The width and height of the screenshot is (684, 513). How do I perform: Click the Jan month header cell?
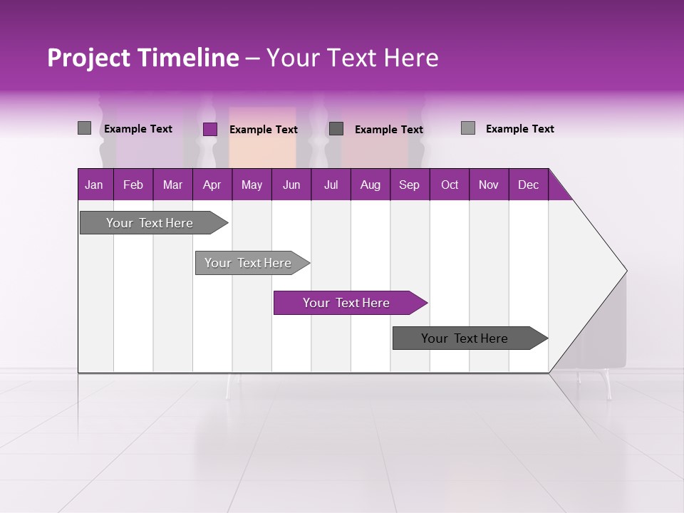pos(95,185)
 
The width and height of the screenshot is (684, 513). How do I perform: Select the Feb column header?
pos(133,185)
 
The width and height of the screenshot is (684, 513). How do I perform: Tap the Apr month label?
pos(212,185)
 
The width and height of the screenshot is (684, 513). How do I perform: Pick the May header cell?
pos(252,185)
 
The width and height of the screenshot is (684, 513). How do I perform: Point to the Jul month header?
pos(331,185)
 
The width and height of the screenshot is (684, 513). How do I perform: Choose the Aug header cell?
pos(370,185)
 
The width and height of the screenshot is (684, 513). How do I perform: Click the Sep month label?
pos(410,185)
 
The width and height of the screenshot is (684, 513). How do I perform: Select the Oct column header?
pos(450,185)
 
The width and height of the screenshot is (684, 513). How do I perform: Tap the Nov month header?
pos(489,185)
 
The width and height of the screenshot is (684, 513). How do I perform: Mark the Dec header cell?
pos(529,185)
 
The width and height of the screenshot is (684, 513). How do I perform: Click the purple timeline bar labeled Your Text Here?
pos(347,303)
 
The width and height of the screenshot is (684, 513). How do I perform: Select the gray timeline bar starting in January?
pos(150,223)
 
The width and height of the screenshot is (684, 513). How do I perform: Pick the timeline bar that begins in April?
pos(249,263)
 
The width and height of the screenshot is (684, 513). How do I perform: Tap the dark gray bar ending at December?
pos(465,338)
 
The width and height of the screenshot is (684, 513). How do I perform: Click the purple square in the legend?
pos(210,129)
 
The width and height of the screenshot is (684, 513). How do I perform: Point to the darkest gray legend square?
pos(336,128)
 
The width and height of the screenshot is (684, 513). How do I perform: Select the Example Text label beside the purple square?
pos(264,130)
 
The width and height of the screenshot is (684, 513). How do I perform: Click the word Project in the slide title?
pos(89,58)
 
